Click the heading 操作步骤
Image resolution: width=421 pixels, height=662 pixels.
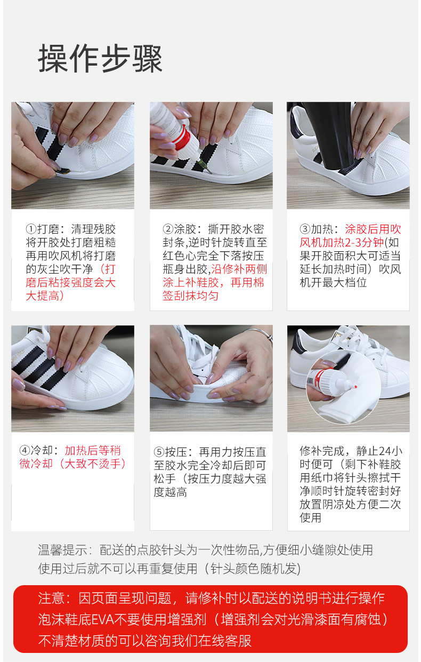pos(100,59)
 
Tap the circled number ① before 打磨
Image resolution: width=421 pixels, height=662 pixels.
pos(31,229)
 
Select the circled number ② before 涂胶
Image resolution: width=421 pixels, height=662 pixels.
pos(168,229)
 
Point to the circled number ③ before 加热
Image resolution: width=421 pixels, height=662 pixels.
pos(305,229)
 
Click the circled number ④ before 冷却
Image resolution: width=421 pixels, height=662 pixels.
pos(25,450)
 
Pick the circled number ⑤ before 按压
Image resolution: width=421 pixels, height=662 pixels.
pos(159,452)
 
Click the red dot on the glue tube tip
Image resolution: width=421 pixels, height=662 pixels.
pos(356,387)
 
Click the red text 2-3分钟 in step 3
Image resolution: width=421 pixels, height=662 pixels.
pos(364,242)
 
